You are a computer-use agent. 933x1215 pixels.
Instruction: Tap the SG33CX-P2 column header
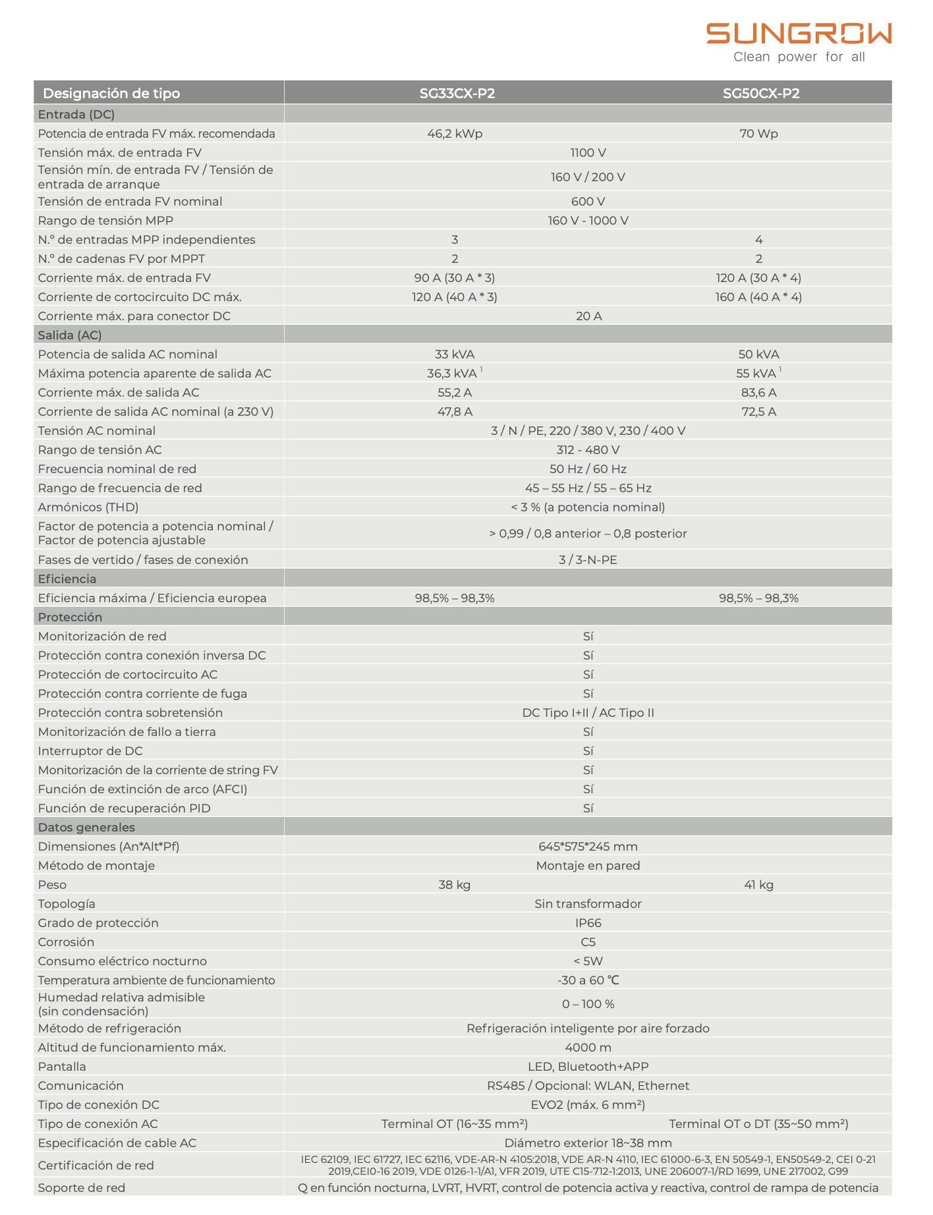coord(457,94)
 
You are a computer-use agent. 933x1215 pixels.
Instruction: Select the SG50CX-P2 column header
coord(760,94)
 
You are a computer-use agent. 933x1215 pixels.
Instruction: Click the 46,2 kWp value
coord(455,134)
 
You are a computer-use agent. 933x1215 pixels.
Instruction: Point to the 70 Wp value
coord(758,134)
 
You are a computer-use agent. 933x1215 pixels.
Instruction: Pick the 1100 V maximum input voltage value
coord(588,153)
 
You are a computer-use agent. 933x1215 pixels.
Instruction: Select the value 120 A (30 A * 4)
coord(758,278)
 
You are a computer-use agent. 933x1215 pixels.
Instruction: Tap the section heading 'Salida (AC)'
coord(70,335)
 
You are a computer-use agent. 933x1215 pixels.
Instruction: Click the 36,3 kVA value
coord(453,374)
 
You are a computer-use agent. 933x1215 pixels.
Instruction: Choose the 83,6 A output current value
coord(758,393)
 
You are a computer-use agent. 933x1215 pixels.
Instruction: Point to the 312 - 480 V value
coord(588,450)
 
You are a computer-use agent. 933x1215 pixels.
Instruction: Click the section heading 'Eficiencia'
coord(67,579)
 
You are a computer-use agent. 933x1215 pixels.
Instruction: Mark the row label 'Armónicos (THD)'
coord(88,507)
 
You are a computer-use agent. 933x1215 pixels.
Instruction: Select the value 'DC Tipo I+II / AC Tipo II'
coord(588,713)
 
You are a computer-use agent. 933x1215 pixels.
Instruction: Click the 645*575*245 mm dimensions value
coord(588,847)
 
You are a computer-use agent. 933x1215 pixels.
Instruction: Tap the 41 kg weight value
coord(758,885)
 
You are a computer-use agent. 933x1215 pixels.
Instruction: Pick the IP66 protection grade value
coord(588,923)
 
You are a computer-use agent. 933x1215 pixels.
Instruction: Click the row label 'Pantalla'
coord(62,1067)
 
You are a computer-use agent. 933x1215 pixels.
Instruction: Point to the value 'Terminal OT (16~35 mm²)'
coord(455,1124)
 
